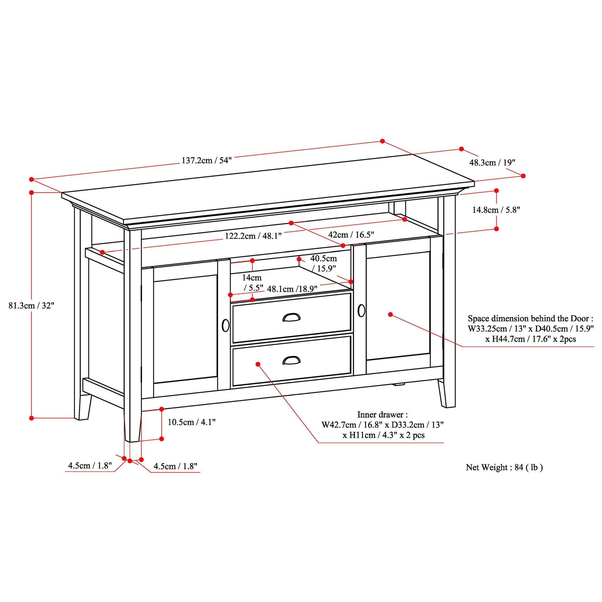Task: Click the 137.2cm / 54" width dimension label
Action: pyautogui.click(x=206, y=160)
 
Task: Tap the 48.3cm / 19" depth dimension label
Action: pyautogui.click(x=492, y=162)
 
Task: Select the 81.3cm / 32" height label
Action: pyautogui.click(x=31, y=305)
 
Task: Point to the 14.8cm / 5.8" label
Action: pyautogui.click(x=496, y=210)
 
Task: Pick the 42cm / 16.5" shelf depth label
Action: pyautogui.click(x=351, y=234)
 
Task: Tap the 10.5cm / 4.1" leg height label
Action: pyautogui.click(x=191, y=422)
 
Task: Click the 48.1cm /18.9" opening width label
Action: pyautogui.click(x=292, y=289)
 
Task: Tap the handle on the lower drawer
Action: pyautogui.click(x=291, y=360)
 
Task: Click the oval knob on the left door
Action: pyautogui.click(x=225, y=325)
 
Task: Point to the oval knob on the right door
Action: pyautogui.click(x=361, y=310)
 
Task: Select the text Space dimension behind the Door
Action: pyautogui.click(x=530, y=318)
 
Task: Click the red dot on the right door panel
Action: pyautogui.click(x=390, y=315)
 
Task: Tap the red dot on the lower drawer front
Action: pyautogui.click(x=258, y=364)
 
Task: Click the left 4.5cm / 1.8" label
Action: pyautogui.click(x=90, y=466)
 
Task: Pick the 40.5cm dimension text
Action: pyautogui.click(x=323, y=258)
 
